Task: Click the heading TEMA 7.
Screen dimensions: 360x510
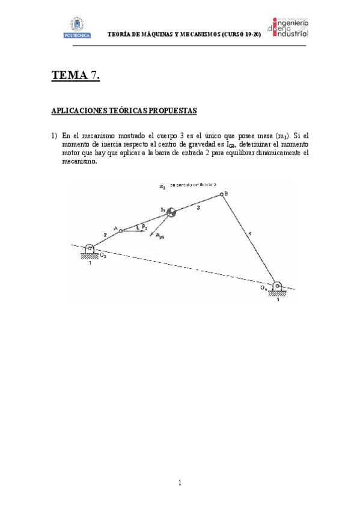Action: pyautogui.click(x=76, y=75)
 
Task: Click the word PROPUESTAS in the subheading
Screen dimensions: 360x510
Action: pyautogui.click(x=169, y=111)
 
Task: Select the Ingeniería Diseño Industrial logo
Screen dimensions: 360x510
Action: pyautogui.click(x=291, y=27)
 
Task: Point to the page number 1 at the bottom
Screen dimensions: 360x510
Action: pyautogui.click(x=180, y=482)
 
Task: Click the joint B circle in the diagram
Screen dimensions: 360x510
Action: pyautogui.click(x=222, y=194)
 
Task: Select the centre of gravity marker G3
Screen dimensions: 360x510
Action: pyautogui.click(x=171, y=211)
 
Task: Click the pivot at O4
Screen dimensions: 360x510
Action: pyautogui.click(x=276, y=286)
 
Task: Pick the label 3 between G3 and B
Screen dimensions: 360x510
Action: pyautogui.click(x=198, y=207)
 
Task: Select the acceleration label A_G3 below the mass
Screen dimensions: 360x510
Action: pyautogui.click(x=160, y=237)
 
